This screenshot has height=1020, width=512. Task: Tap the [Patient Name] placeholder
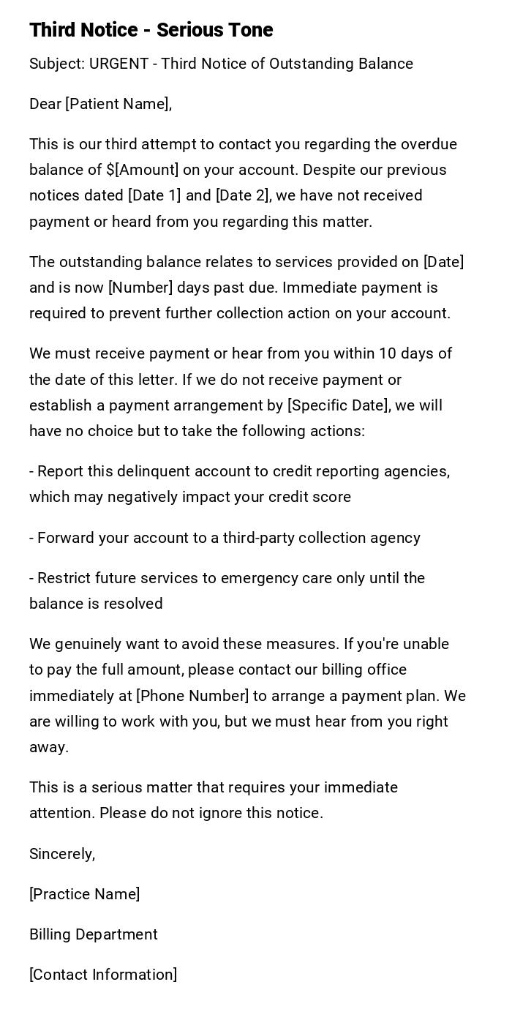[118, 104]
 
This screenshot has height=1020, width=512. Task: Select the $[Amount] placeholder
[142, 170]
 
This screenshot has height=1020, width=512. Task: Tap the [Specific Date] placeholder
[338, 405]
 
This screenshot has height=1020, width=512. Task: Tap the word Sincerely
[62, 854]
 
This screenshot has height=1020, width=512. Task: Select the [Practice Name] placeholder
[85, 894]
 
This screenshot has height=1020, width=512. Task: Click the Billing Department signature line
[94, 934]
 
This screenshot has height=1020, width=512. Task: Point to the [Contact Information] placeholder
[103, 975]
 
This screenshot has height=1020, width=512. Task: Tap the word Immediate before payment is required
[317, 288]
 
